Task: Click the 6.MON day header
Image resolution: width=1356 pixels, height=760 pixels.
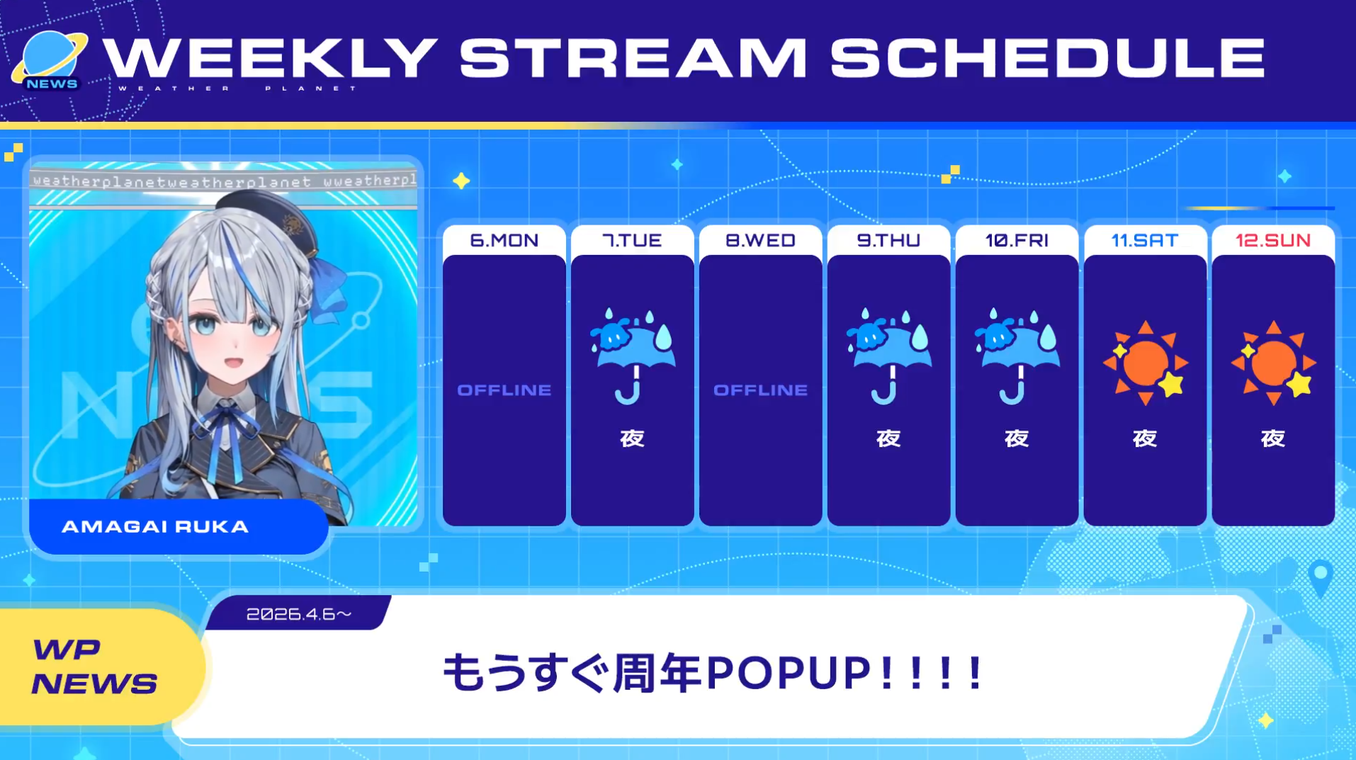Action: (x=504, y=241)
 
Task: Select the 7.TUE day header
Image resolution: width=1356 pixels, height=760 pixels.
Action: (x=632, y=241)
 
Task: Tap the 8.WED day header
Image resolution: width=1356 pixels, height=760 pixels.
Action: (x=760, y=241)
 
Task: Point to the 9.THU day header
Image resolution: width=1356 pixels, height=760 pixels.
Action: (x=888, y=241)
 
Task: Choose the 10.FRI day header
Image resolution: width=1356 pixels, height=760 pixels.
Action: (x=1017, y=241)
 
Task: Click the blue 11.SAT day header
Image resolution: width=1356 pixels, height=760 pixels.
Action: (x=1145, y=241)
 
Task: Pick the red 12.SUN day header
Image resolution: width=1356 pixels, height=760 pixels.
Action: (x=1273, y=241)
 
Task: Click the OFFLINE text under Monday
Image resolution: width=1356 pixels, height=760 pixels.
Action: (x=504, y=390)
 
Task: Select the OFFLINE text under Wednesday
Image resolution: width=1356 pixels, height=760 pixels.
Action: (x=760, y=390)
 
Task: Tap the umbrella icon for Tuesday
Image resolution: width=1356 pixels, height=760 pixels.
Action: (x=633, y=355)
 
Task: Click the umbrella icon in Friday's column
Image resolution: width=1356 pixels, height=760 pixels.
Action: (x=1017, y=355)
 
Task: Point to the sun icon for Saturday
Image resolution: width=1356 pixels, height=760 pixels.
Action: (x=1146, y=363)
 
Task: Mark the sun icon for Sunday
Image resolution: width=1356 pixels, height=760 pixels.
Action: (x=1274, y=363)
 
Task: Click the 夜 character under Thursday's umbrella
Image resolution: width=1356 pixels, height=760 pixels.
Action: (x=888, y=438)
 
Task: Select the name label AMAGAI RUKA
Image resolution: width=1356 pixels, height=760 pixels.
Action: (x=155, y=527)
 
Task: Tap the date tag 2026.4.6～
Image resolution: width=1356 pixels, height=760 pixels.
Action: (x=299, y=614)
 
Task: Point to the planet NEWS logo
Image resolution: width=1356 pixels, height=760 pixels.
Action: (x=50, y=61)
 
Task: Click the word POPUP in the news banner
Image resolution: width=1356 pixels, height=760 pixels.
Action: (x=789, y=673)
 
